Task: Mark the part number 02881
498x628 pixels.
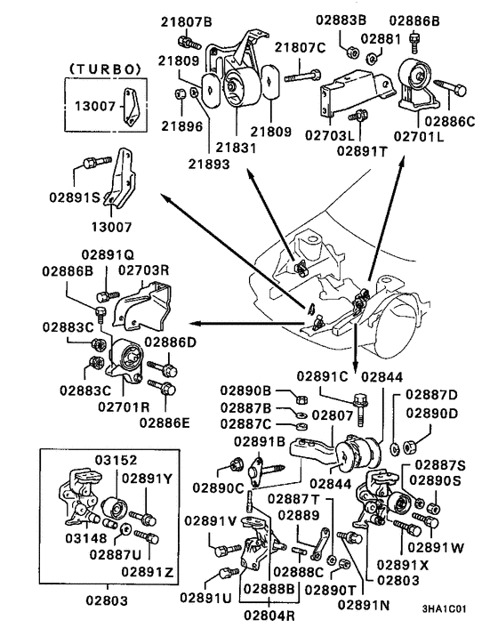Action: pos(387,40)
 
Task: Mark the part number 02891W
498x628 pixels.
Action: pos(434,548)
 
